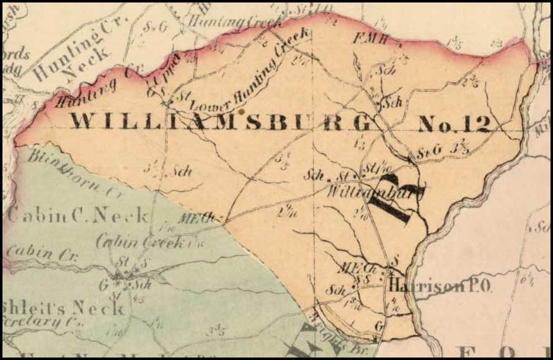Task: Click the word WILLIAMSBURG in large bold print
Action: [x=220, y=121]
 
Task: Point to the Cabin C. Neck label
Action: [x=77, y=216]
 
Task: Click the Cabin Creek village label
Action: [x=140, y=242]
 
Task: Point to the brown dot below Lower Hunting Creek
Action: [x=242, y=111]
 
